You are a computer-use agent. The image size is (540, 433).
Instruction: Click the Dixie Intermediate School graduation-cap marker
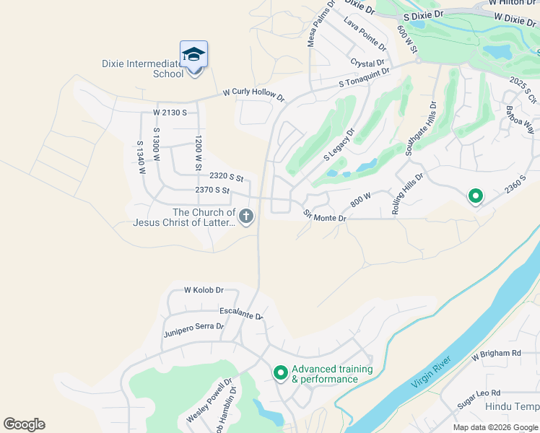193,55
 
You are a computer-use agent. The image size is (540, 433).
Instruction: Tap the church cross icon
246,216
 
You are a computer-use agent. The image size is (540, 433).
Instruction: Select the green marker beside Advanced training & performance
280,373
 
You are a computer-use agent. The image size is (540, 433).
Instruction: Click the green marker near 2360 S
475,195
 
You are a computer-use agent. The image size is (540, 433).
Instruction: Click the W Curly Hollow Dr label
253,95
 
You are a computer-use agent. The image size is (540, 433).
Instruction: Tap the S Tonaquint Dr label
365,78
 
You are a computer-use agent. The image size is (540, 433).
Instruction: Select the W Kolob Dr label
204,290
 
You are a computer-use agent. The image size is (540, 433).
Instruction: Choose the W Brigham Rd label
496,354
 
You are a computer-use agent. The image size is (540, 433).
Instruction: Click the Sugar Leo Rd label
477,395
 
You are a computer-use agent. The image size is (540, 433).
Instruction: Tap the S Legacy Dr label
339,144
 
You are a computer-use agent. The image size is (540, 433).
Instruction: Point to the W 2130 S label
170,113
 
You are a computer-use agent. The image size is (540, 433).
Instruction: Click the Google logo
24,424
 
